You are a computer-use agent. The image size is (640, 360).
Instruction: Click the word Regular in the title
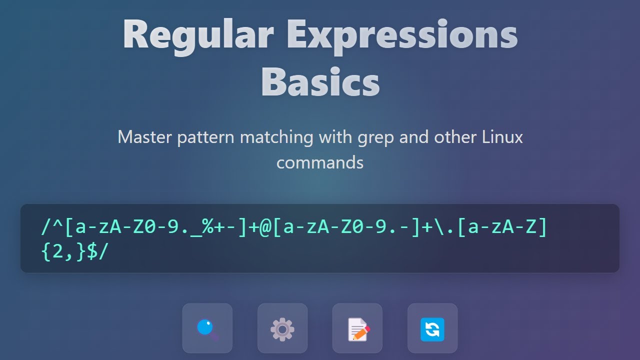(x=198, y=35)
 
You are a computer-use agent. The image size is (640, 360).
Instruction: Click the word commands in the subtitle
(x=320, y=162)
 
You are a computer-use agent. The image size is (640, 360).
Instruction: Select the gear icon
(x=282, y=328)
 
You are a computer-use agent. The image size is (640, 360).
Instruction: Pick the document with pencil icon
(x=357, y=328)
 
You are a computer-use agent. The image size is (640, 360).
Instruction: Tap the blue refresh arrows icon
(x=432, y=328)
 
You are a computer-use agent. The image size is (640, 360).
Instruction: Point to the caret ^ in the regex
(x=58, y=227)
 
